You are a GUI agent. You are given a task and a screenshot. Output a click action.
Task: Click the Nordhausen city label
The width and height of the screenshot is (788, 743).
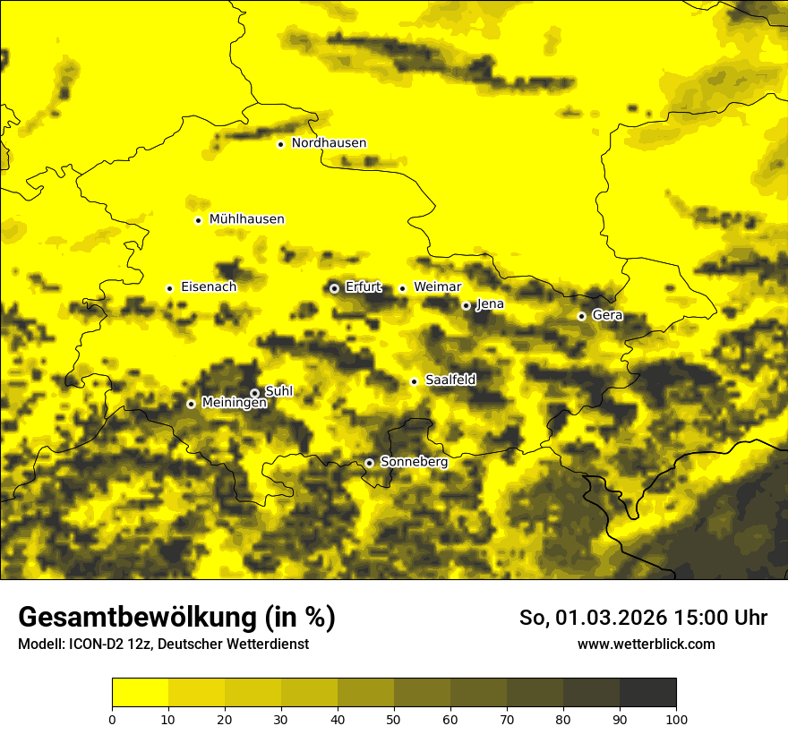(x=329, y=143)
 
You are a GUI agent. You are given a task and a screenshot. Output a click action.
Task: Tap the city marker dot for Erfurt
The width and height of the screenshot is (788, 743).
(x=334, y=288)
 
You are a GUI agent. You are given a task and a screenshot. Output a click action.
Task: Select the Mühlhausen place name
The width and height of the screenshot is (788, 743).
(x=246, y=219)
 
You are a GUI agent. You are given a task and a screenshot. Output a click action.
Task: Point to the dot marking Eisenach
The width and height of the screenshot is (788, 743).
(x=169, y=288)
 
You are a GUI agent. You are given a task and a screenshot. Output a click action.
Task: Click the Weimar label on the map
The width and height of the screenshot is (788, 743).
(x=437, y=287)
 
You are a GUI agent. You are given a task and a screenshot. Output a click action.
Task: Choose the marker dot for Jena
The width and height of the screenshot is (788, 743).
(x=466, y=305)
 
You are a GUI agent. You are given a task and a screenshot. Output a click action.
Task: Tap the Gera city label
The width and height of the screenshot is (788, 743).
(x=607, y=315)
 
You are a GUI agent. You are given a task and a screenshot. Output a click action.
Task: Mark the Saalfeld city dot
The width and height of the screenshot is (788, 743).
(x=414, y=381)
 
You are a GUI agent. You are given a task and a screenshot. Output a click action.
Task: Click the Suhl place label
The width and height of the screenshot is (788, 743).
(x=278, y=391)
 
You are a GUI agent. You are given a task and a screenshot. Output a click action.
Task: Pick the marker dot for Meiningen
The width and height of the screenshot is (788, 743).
(x=191, y=404)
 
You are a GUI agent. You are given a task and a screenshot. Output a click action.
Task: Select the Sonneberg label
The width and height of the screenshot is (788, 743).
(x=414, y=462)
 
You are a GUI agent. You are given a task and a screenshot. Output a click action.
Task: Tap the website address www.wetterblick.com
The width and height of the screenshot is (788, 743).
(x=646, y=645)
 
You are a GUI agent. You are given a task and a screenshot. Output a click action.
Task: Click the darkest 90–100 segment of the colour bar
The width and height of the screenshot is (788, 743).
(x=647, y=692)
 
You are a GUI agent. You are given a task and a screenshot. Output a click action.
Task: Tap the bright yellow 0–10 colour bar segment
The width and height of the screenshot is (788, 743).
(x=140, y=692)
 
